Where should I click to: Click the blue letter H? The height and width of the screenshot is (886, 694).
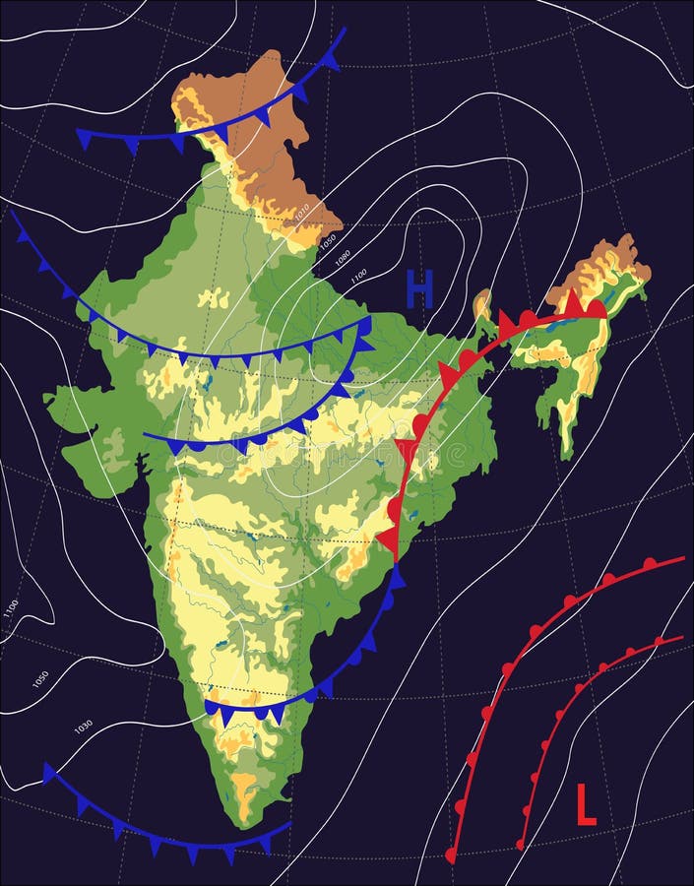pyautogui.click(x=420, y=289)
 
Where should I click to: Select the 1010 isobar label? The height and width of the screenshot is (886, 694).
pyautogui.click(x=302, y=211)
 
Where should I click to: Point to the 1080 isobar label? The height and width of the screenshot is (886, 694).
pyautogui.click(x=343, y=258)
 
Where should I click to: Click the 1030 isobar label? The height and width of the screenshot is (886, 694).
pyautogui.click(x=84, y=727)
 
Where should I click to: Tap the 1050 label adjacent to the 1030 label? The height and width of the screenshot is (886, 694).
pyautogui.click(x=40, y=679)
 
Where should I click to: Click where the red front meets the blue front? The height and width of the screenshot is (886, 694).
pyautogui.click(x=396, y=563)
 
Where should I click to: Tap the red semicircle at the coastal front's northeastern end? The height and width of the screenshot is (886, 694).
pyautogui.click(x=596, y=309)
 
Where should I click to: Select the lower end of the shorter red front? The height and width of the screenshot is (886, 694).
pyautogui.click(x=521, y=845)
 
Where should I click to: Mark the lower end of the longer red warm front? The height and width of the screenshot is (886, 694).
pyautogui.click(x=451, y=856)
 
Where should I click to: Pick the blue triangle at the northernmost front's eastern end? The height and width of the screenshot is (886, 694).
pyautogui.click(x=332, y=60)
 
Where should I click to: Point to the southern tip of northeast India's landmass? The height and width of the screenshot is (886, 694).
pyautogui.click(x=567, y=455)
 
